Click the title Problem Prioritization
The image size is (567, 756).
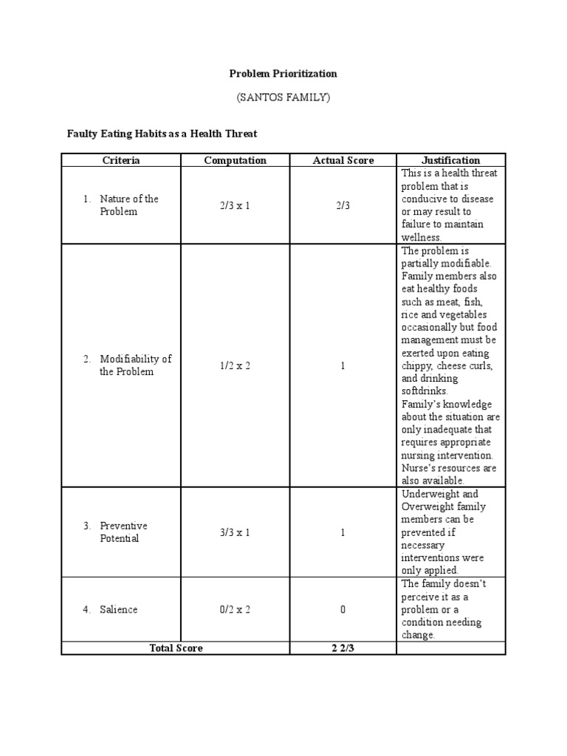pyautogui.click(x=283, y=74)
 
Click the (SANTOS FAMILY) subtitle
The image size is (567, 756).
pyautogui.click(x=283, y=97)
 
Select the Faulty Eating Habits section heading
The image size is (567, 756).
pyautogui.click(x=162, y=133)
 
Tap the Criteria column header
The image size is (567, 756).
pyautogui.click(x=121, y=160)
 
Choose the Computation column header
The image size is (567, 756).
pyautogui.click(x=235, y=160)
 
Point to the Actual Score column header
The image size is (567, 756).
pyautogui.click(x=343, y=160)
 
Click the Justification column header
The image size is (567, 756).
pyautogui.click(x=450, y=160)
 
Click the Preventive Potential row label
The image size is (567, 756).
pyautogui.click(x=123, y=532)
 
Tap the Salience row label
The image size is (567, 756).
pyautogui.click(x=118, y=610)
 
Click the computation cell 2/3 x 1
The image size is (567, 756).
pyautogui.click(x=235, y=205)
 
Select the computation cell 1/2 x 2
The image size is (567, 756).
pyautogui.click(x=235, y=365)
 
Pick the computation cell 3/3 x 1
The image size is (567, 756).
pyautogui.click(x=235, y=532)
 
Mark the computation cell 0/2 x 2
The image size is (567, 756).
pyautogui.click(x=235, y=610)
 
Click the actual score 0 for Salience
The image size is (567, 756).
pyautogui.click(x=343, y=610)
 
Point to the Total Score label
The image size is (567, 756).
pyautogui.click(x=176, y=648)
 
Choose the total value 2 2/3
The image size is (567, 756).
pyautogui.click(x=343, y=648)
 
